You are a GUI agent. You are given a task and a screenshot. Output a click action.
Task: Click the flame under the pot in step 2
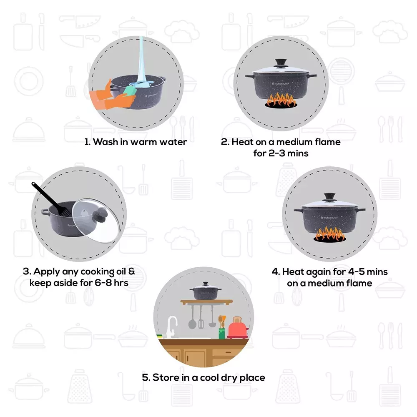[281, 100]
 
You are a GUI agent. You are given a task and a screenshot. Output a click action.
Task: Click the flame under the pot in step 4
[329, 234]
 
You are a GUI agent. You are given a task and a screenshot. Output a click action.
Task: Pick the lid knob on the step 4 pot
[329, 196]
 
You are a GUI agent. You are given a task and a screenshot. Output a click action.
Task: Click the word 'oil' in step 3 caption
[120, 272]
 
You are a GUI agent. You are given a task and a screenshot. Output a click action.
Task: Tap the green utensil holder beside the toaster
[222, 333]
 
